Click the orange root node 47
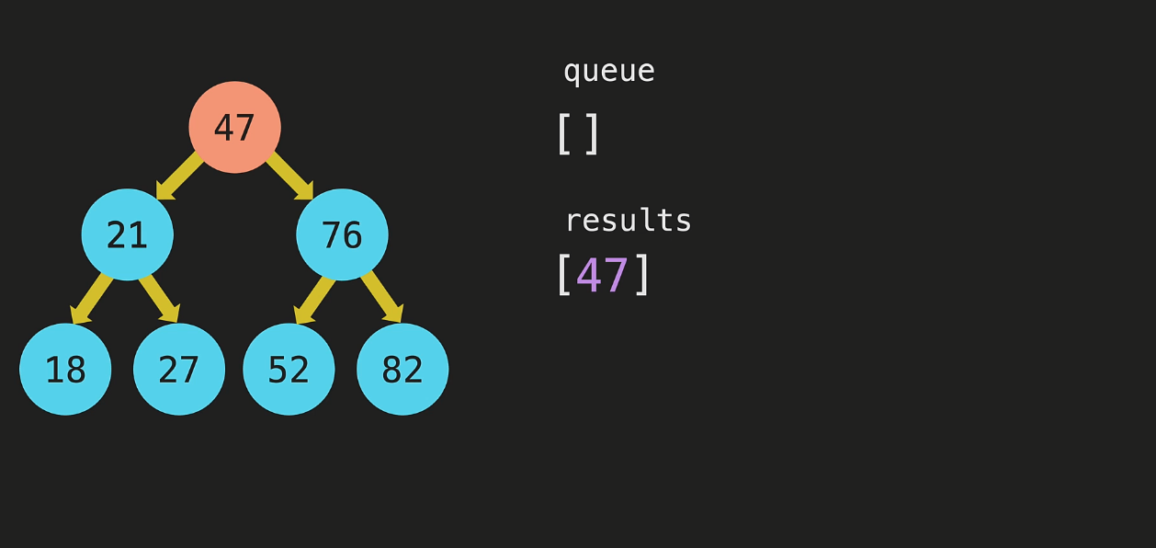click(234, 127)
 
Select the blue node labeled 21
click(127, 234)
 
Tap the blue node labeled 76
click(342, 234)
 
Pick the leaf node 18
click(65, 369)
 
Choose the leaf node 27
click(179, 369)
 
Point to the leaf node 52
click(289, 369)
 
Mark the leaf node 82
click(402, 369)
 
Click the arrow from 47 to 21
click(180, 175)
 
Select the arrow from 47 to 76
click(289, 175)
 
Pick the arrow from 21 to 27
click(158, 299)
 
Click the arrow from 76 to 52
click(314, 299)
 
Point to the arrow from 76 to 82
click(382, 299)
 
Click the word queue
click(608, 71)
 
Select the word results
click(628, 221)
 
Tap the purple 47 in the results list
click(602, 274)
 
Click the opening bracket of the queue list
click(563, 133)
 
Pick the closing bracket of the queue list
click(593, 133)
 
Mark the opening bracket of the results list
click(563, 274)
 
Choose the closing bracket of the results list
click(642, 274)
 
